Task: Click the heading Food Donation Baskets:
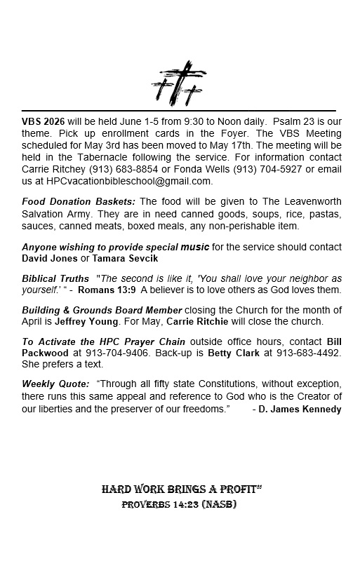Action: pos(79,202)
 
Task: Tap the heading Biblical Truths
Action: pos(55,278)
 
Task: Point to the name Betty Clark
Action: pos(234,352)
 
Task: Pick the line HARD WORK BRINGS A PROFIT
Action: pos(181,489)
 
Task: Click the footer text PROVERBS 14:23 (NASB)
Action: pos(179,504)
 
